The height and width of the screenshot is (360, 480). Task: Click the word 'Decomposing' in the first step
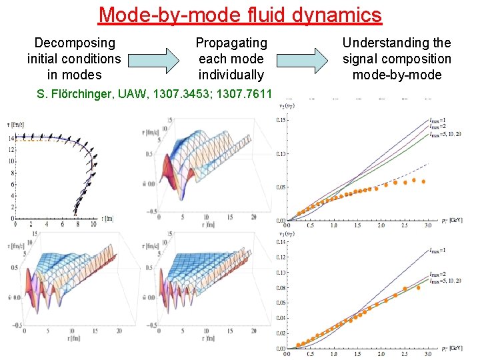tap(74, 43)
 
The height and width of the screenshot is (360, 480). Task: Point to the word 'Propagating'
tap(231, 43)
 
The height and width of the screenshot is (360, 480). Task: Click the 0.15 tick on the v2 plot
tap(282, 120)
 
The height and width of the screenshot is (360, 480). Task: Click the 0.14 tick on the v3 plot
tap(282, 242)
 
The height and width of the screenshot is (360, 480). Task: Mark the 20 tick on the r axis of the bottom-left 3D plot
tap(118, 331)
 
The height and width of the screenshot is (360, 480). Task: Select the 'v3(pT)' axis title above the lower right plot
tap(288, 233)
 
